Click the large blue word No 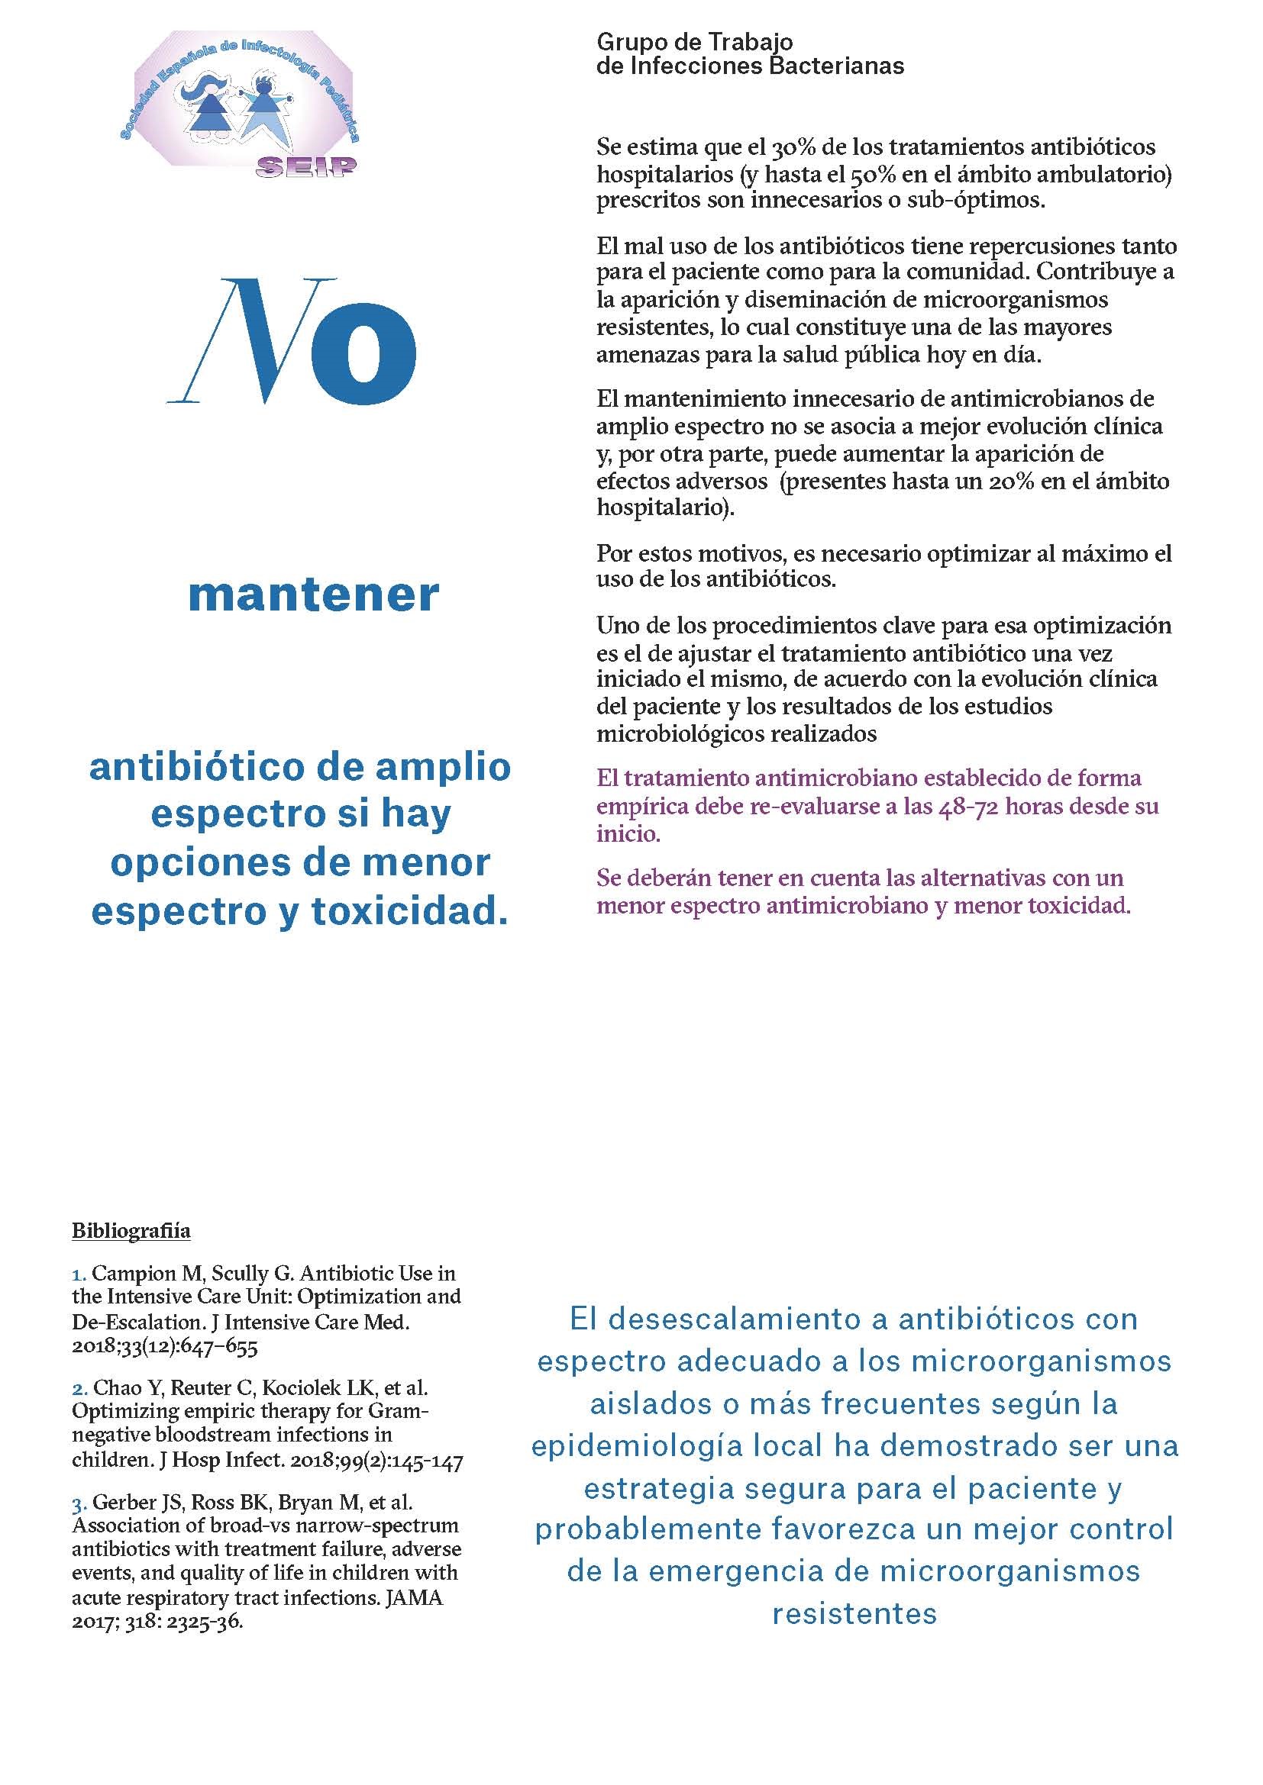click(292, 341)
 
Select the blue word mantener click(313, 595)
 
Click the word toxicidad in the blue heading click(409, 911)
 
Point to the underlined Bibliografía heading click(131, 1231)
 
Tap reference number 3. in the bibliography click(79, 1503)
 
